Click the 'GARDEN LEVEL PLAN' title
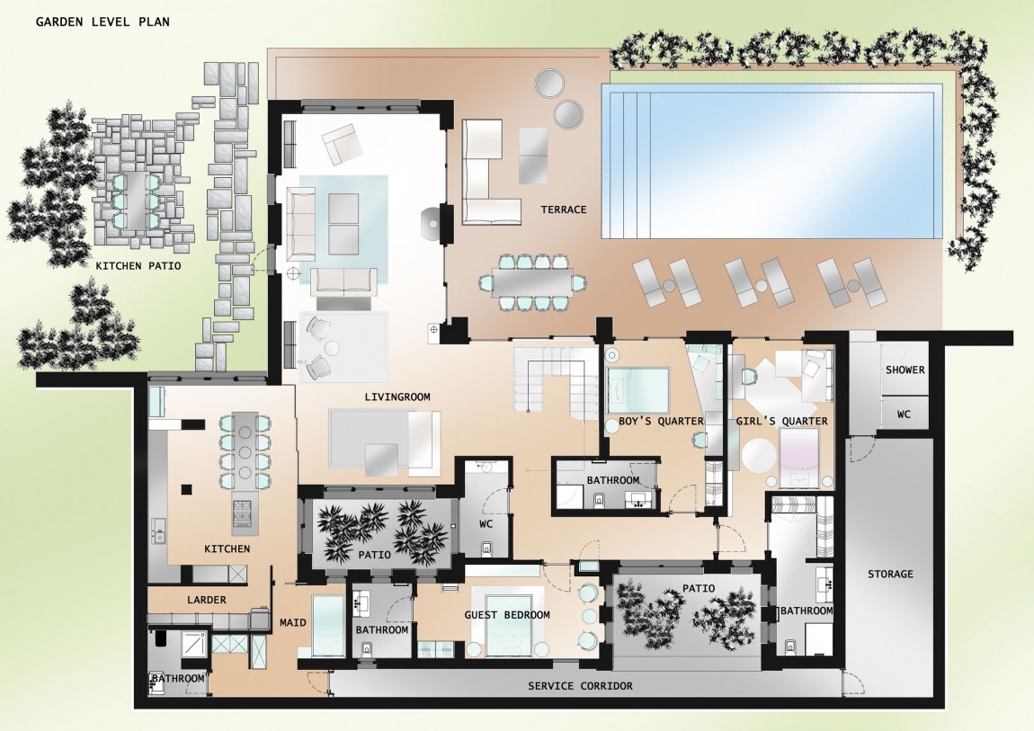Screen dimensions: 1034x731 point(103,22)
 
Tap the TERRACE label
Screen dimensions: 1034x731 point(563,209)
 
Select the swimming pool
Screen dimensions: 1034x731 point(771,162)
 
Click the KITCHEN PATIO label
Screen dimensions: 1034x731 point(138,266)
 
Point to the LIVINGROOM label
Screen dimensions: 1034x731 point(397,397)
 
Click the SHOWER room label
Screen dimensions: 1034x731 point(905,370)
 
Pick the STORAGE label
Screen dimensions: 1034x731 point(890,575)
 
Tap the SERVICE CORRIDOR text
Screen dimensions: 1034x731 point(580,686)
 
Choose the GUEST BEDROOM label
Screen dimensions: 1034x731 point(506,615)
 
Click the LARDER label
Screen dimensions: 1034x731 point(207,600)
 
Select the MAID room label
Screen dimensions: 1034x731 point(293,622)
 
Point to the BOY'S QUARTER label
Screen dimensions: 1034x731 point(661,421)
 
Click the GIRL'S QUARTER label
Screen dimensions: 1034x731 point(781,421)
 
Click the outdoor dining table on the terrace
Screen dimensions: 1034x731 point(533,282)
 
